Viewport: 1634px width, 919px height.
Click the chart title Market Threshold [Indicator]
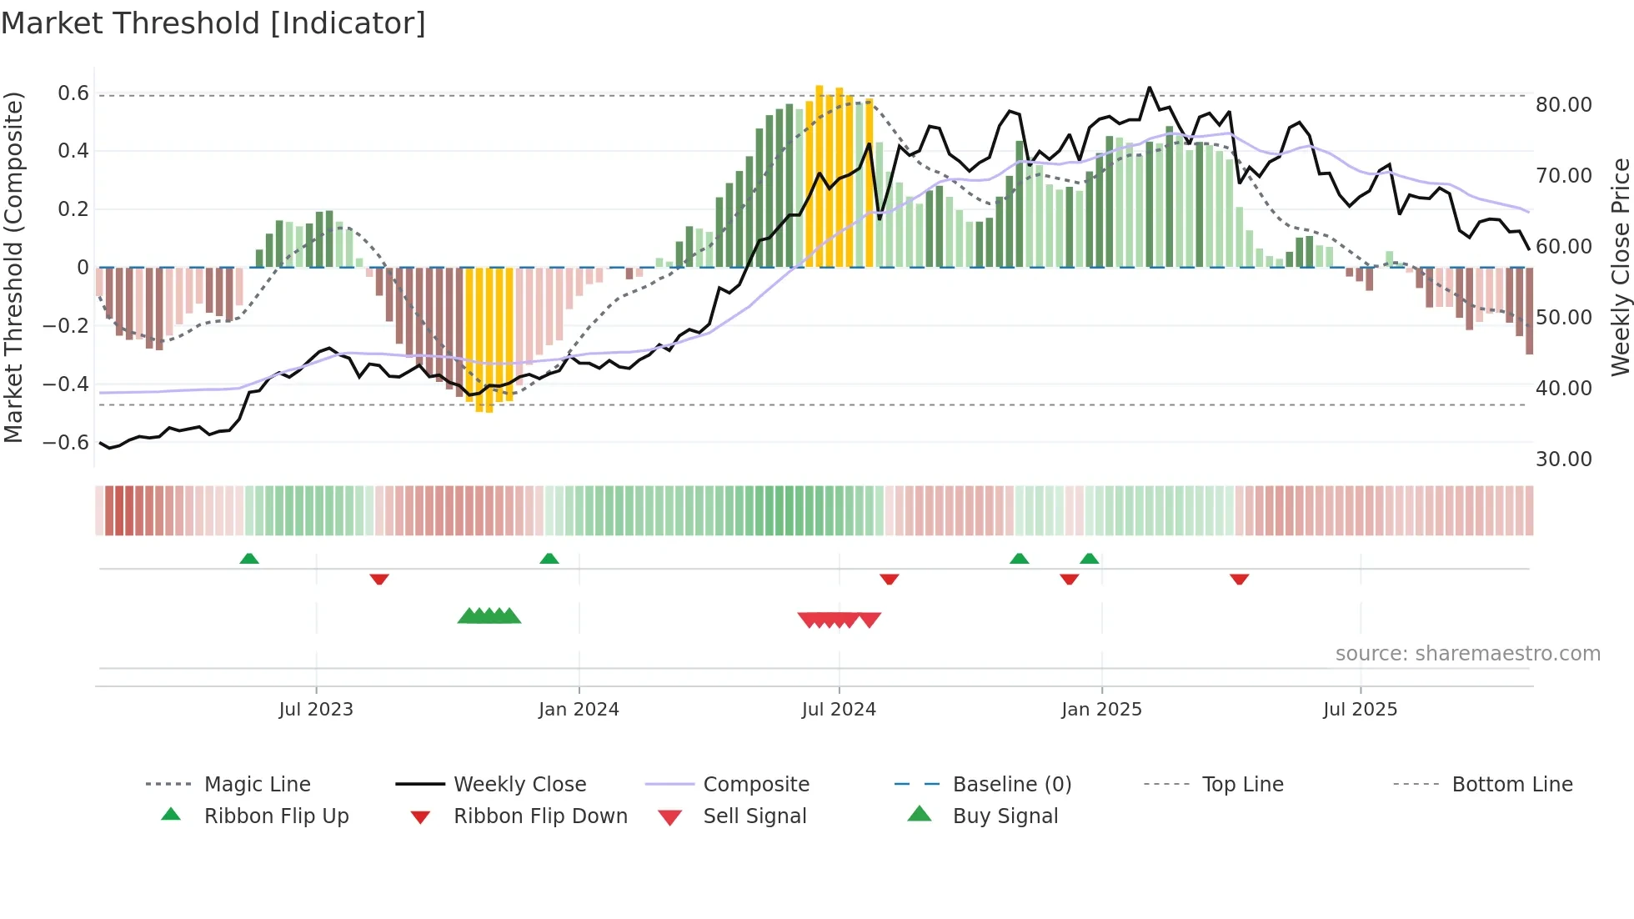213,23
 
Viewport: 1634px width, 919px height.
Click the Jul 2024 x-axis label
839,709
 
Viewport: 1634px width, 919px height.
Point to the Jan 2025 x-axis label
1101,709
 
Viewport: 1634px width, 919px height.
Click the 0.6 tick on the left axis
73,93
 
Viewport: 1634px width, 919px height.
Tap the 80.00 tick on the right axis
1563,105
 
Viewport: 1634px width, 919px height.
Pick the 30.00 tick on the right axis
1563,459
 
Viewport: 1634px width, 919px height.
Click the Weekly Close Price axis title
1620,267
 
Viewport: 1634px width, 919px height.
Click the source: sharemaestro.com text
1467,653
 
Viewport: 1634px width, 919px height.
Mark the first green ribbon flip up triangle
249,559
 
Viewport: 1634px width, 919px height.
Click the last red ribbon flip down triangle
1239,579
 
